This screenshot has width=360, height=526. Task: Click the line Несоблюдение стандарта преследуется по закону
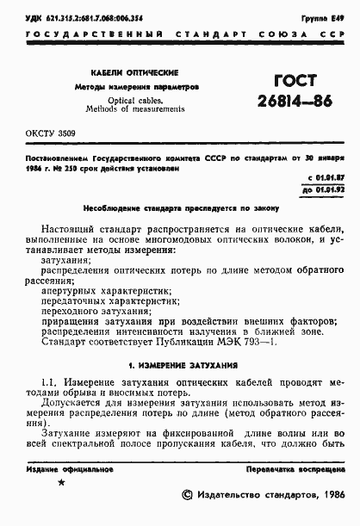pos(179,208)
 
